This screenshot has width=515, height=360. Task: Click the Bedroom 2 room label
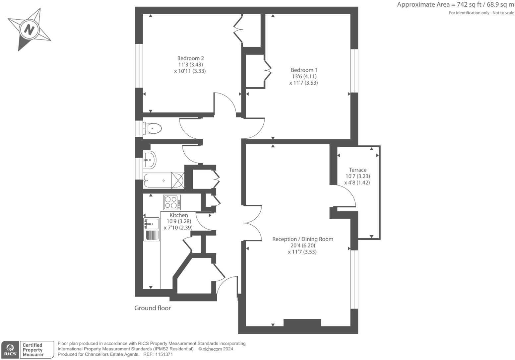[x=190, y=58]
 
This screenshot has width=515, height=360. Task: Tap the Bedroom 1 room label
[x=304, y=70]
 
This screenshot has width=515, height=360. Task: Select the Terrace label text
[x=357, y=170]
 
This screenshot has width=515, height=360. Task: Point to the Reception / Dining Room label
[x=302, y=239]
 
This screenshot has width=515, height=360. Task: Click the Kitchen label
[x=178, y=215]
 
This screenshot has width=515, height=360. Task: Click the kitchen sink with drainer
[x=152, y=229]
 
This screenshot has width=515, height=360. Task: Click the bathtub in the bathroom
[x=162, y=180]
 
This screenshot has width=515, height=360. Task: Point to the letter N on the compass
[x=29, y=30]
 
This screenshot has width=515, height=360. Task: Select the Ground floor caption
[x=153, y=308]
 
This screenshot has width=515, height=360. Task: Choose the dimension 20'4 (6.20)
[x=302, y=246]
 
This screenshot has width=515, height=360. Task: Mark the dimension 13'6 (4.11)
[x=304, y=76]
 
